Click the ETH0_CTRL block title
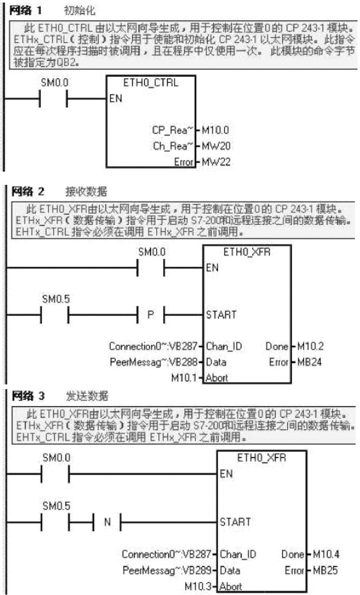tap(151, 83)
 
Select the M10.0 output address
tap(215, 130)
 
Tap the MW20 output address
tap(216, 146)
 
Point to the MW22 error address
tap(216, 162)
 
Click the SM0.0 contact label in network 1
tap(54, 83)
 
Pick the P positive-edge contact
tap(151, 315)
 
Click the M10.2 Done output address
tap(310, 346)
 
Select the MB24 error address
tap(309, 362)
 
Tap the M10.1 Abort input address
tap(184, 378)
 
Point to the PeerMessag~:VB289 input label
tap(167, 570)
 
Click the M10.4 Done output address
tap(326, 554)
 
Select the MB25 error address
tap(325, 570)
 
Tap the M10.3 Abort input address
tap(198, 586)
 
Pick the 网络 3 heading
tap(28, 396)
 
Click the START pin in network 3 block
tap(235, 522)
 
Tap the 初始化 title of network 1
tap(79, 11)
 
